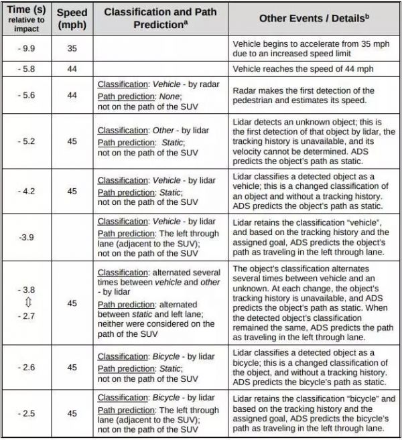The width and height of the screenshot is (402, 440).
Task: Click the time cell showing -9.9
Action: click(27, 49)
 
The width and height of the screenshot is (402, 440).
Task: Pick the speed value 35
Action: click(72, 49)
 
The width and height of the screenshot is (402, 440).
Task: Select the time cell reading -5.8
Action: click(27, 69)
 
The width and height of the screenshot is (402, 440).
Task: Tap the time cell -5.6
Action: click(27, 95)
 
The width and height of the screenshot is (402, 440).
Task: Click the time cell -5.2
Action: click(27, 141)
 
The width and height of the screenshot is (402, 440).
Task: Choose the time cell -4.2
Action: click(27, 191)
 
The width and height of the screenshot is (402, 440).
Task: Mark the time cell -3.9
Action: click(27, 236)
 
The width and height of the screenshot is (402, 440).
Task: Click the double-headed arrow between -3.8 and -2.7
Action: click(27, 303)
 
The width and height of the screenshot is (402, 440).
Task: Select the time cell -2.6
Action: click(27, 368)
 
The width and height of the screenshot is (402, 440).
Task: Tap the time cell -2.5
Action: click(27, 413)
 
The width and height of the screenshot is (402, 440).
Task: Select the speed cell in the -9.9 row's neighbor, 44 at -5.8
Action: click(72, 69)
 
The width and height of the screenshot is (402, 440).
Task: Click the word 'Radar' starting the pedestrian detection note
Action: click(246, 90)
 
